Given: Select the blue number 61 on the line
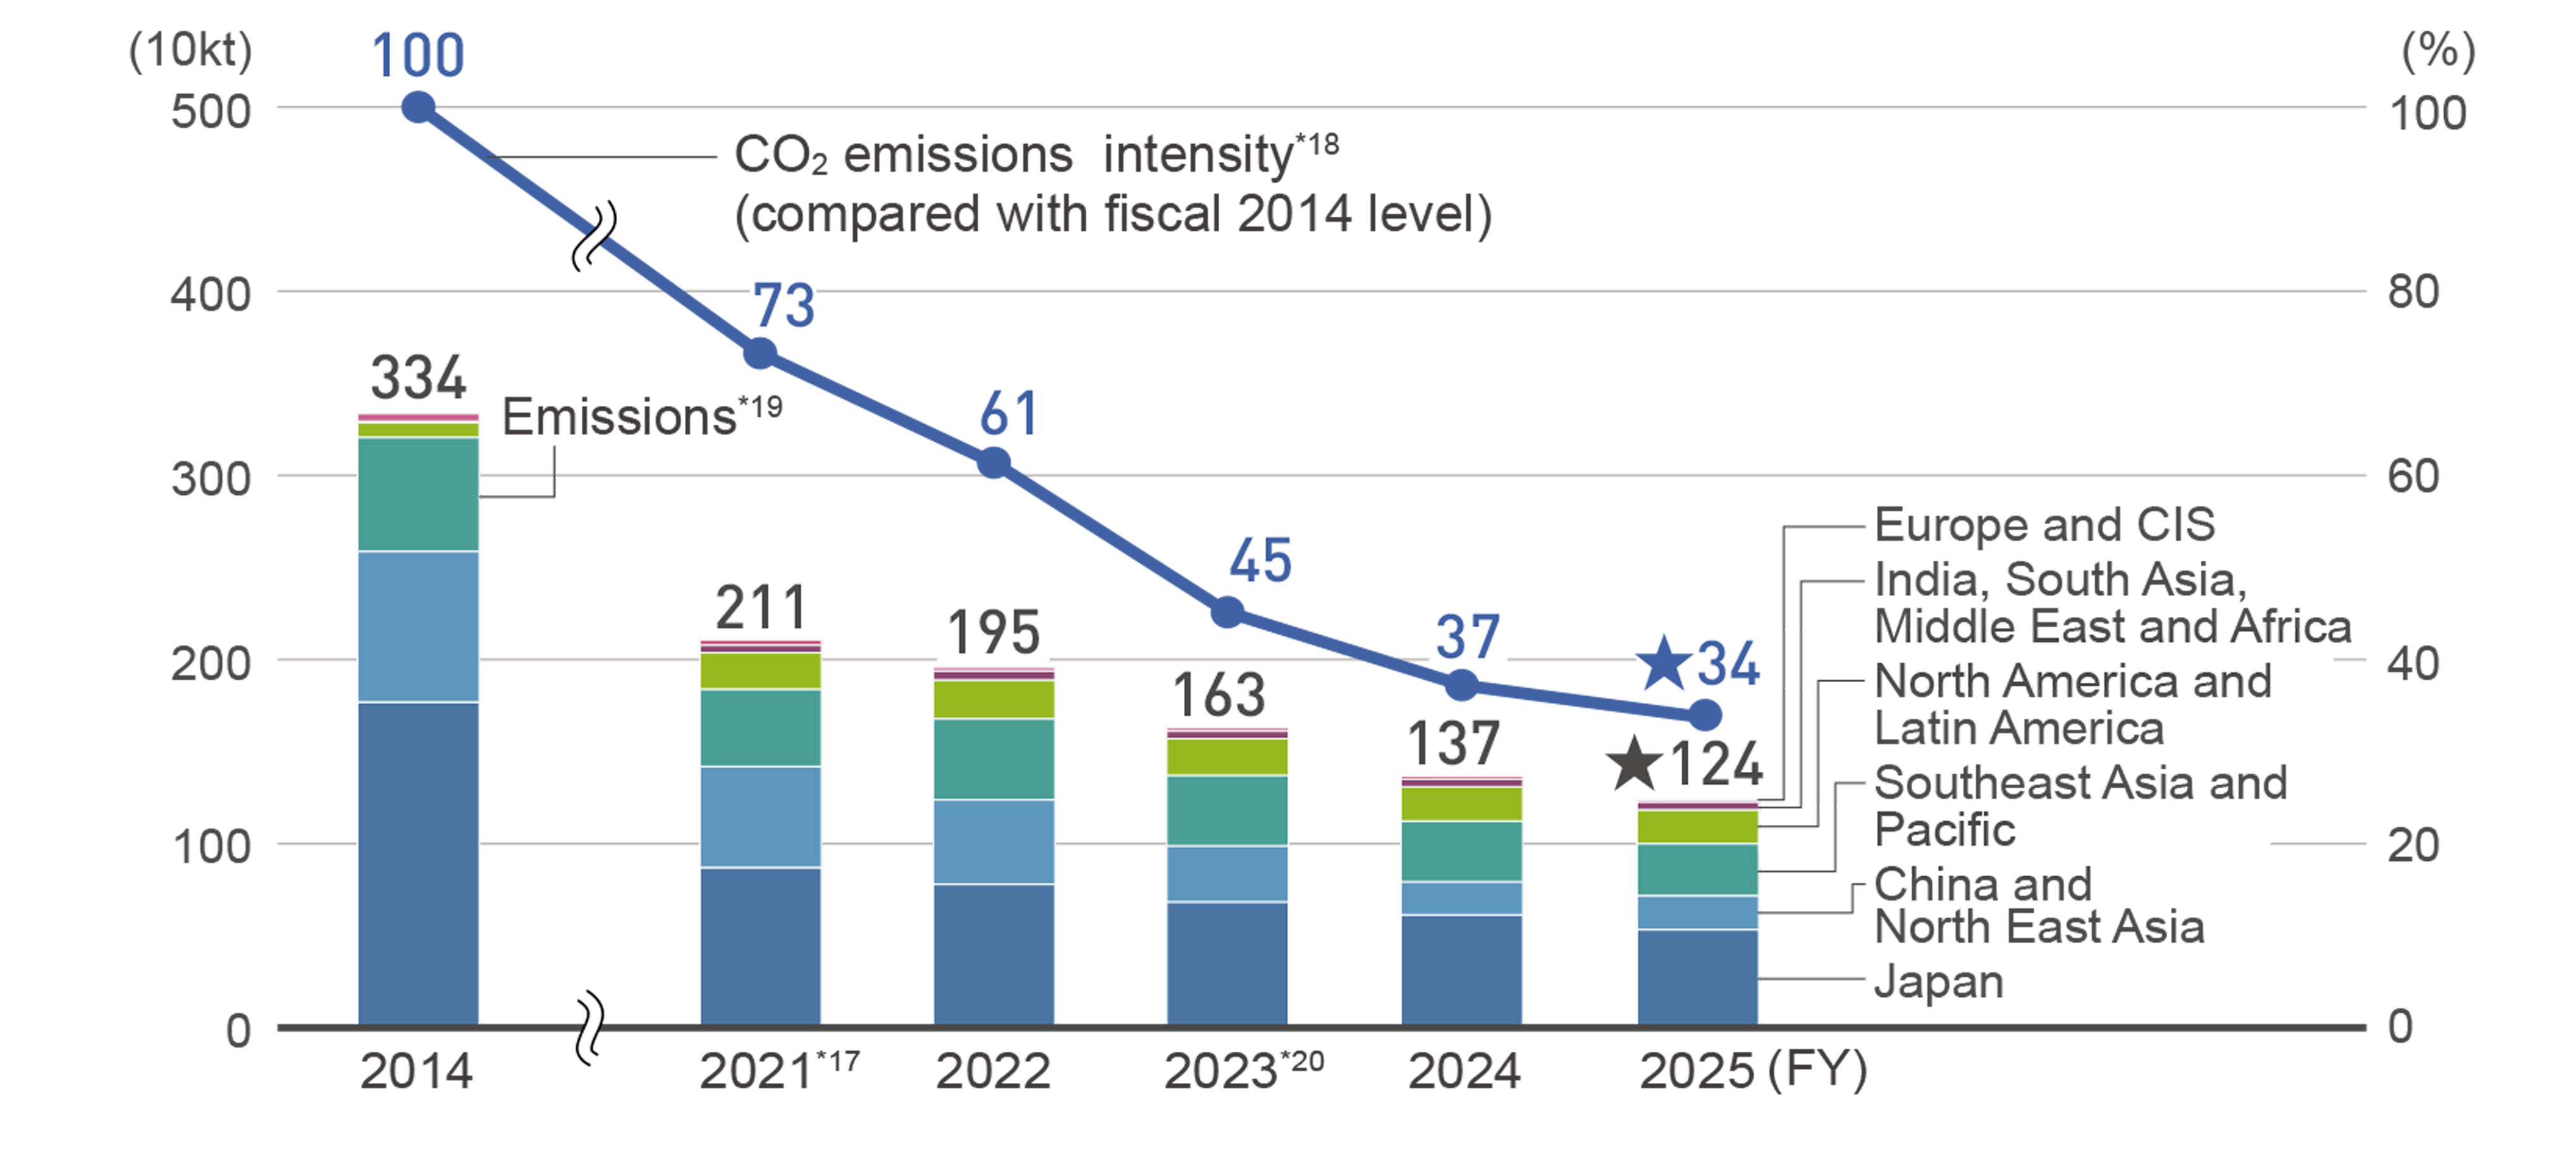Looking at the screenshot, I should pyautogui.click(x=1008, y=414).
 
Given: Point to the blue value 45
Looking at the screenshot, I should pyautogui.click(x=1260, y=560).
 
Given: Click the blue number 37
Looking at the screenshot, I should pyautogui.click(x=1466, y=637).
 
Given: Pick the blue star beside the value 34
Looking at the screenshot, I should pyautogui.click(x=1664, y=664).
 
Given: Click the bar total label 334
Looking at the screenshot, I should pyautogui.click(x=418, y=378).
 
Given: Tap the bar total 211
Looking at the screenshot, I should pyautogui.click(x=760, y=607).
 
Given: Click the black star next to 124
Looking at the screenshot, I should pyautogui.click(x=1633, y=765).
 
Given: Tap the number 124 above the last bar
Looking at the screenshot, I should pyautogui.click(x=1716, y=765).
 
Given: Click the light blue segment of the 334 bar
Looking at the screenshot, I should pyautogui.click(x=418, y=626).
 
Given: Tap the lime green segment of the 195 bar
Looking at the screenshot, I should pyautogui.click(x=993, y=699).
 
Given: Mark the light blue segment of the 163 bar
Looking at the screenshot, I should pyautogui.click(x=1227, y=874).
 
